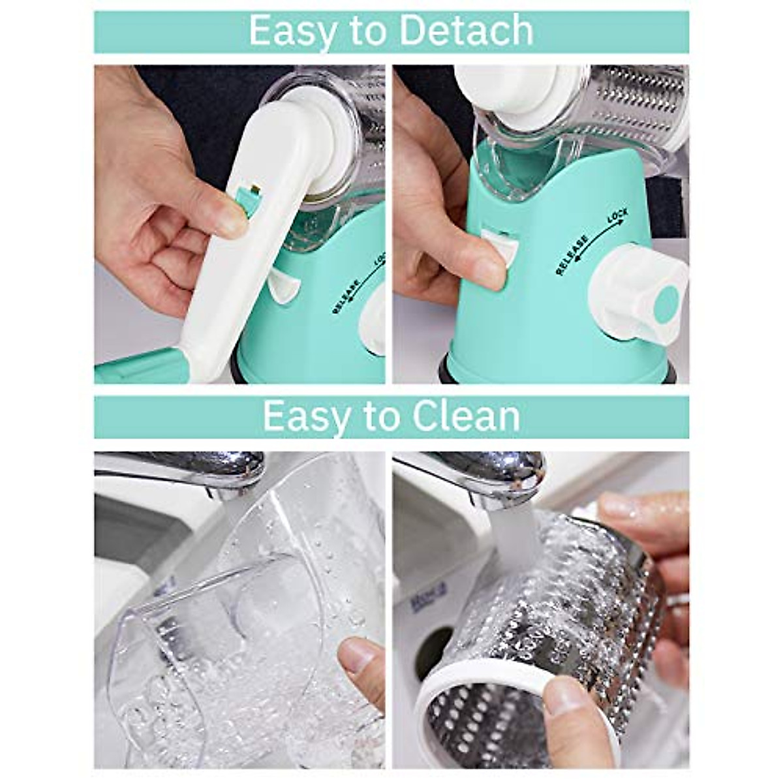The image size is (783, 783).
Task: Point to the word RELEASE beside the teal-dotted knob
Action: [x=572, y=254]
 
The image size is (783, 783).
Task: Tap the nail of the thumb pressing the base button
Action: [x=489, y=273]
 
